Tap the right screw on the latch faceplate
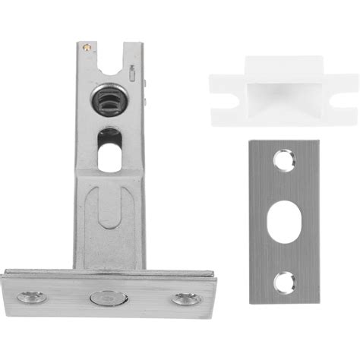click(x=183, y=298)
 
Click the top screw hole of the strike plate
click(x=283, y=161)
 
